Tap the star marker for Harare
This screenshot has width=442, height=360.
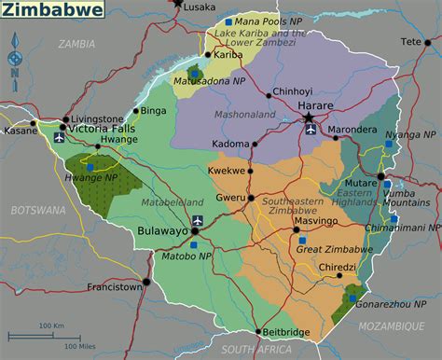click(x=311, y=119)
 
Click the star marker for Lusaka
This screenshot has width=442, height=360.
click(x=178, y=4)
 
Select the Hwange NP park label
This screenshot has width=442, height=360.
click(x=98, y=176)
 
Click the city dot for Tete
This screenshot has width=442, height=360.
click(x=429, y=42)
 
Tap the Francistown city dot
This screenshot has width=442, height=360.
click(x=145, y=280)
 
